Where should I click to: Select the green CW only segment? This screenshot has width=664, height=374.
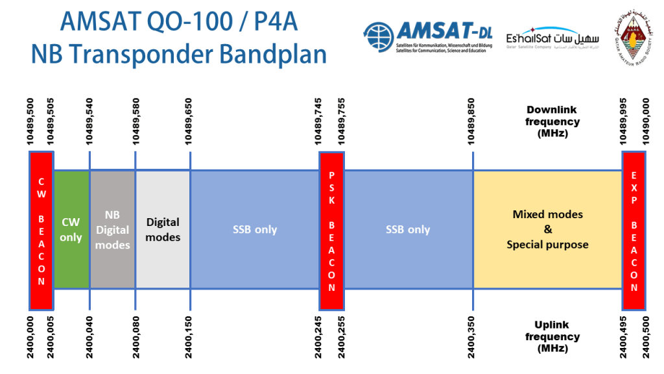coord(71,229)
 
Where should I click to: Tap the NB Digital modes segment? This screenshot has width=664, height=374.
coord(113,229)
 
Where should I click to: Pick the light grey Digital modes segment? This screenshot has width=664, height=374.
coord(163,229)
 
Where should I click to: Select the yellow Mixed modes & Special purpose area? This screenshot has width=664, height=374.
coord(547,229)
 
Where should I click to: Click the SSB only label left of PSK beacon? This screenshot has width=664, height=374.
coord(255,229)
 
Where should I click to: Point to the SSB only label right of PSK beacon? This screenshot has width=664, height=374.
coord(408,229)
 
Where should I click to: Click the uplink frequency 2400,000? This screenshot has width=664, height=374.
coord(30,338)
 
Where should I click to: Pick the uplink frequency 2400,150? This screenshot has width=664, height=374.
coord(190,338)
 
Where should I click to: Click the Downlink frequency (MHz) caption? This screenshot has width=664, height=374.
coord(552,121)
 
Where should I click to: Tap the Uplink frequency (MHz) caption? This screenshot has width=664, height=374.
coord(552,337)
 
